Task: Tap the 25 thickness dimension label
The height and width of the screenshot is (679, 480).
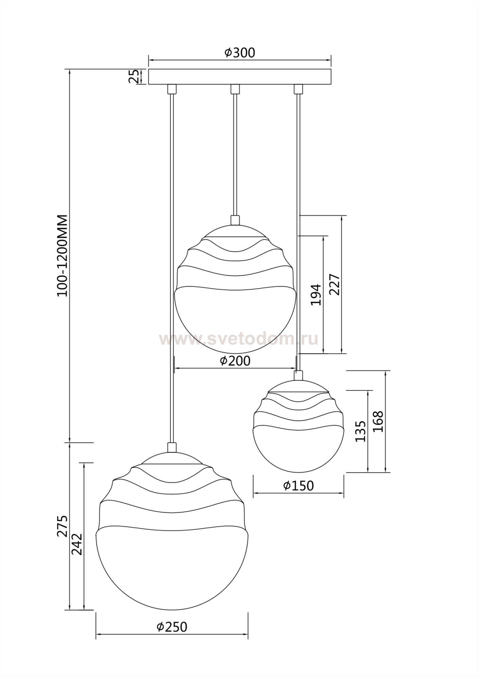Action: (x=134, y=77)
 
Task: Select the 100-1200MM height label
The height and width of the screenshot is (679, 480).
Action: (x=63, y=255)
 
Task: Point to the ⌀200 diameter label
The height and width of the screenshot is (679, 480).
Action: (x=235, y=361)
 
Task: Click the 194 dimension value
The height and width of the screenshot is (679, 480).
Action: (x=316, y=295)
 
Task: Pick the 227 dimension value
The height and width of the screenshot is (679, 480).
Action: (x=335, y=284)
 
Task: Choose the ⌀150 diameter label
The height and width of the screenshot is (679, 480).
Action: (x=298, y=486)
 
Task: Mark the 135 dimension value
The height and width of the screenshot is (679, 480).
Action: (x=360, y=431)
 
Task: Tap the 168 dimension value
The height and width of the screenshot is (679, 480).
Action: (x=378, y=421)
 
